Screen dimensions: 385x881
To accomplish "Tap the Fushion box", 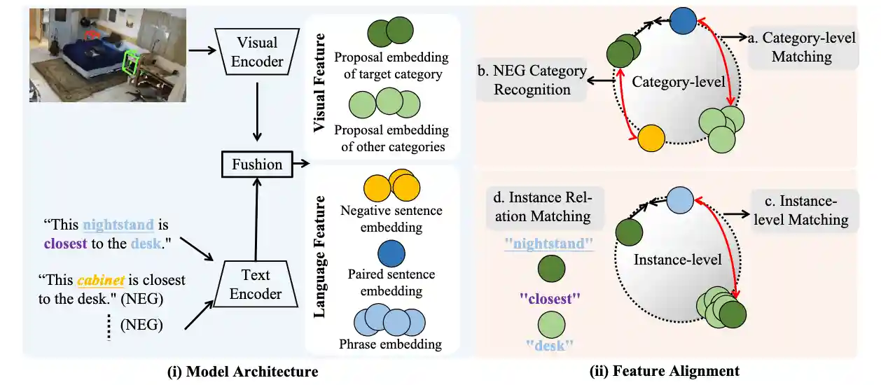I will click(257, 164).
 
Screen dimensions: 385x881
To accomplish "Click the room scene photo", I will click(108, 55).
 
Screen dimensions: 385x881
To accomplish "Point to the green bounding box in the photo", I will click(130, 64).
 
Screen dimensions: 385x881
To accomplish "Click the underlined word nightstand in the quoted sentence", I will click(118, 225).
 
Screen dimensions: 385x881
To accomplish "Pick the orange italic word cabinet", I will click(101, 281).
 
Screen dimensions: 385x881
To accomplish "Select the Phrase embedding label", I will click(390, 344).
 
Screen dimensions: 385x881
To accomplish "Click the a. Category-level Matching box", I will click(802, 47).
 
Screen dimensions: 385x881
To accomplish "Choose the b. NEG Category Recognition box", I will click(531, 80).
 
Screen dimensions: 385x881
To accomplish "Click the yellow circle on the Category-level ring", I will click(651, 138).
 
